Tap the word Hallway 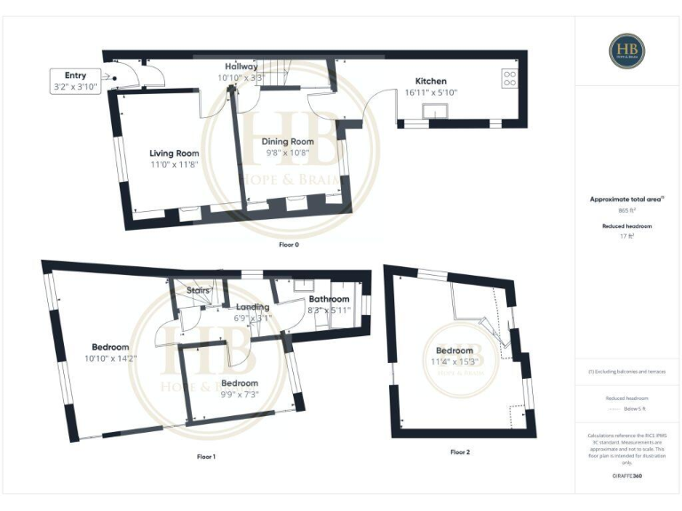(x=241, y=67)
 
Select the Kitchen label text (x=430, y=81)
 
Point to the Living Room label (x=174, y=153)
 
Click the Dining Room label (x=288, y=141)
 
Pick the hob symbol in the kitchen (x=511, y=78)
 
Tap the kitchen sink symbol (x=436, y=111)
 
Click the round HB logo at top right (x=627, y=51)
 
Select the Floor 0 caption (x=289, y=244)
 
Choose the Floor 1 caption (x=206, y=456)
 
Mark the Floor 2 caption (x=460, y=452)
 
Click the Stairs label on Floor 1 (x=198, y=289)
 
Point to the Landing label (x=252, y=307)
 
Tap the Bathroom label (x=329, y=299)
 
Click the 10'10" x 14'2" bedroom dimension (x=110, y=358)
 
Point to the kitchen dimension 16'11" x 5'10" (x=430, y=92)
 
